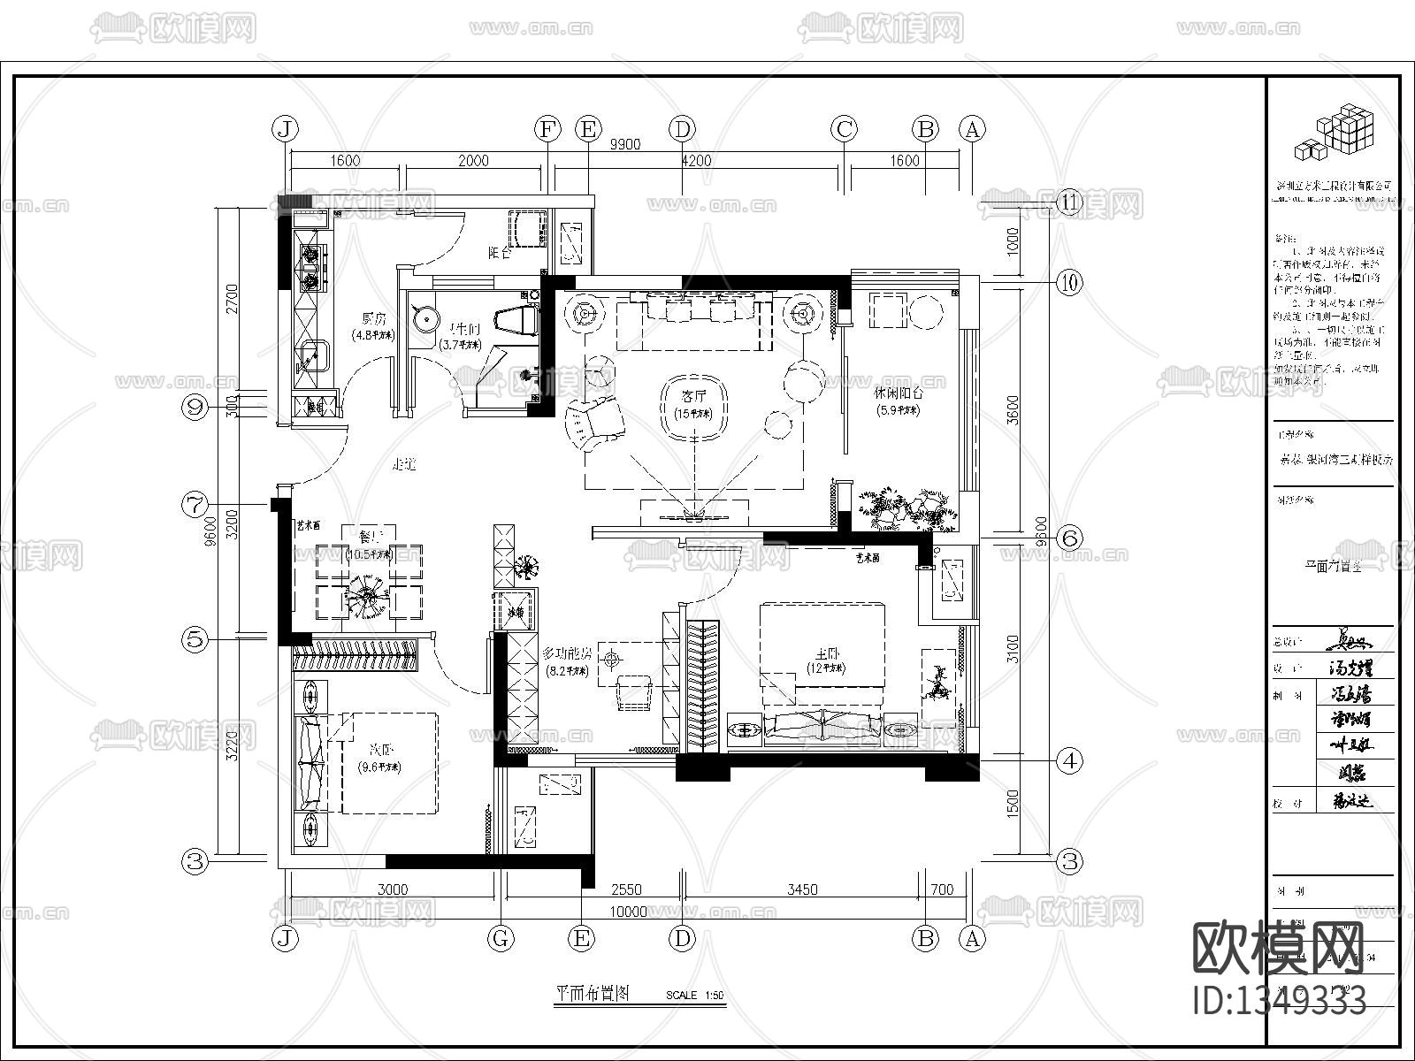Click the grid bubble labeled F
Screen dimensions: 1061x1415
pyautogui.click(x=548, y=129)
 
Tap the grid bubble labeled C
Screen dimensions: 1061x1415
pyautogui.click(x=844, y=129)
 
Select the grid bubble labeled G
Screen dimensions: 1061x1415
pyautogui.click(x=501, y=938)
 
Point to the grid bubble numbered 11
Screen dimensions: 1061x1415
pyautogui.click(x=1070, y=202)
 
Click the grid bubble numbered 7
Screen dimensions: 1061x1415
pyautogui.click(x=195, y=505)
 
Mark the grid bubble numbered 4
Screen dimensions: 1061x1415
pyautogui.click(x=1070, y=759)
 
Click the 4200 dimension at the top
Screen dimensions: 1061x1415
pyautogui.click(x=696, y=161)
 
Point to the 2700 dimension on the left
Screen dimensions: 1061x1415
pyautogui.click(x=232, y=299)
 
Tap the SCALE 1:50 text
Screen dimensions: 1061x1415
pyautogui.click(x=694, y=996)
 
